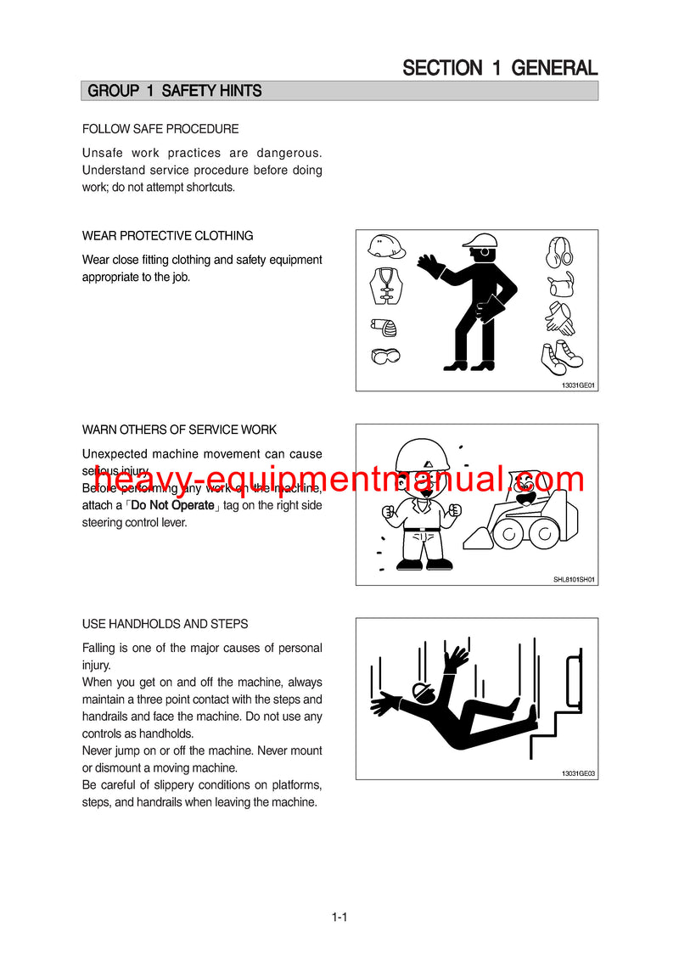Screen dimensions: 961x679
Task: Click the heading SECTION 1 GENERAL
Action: point(500,68)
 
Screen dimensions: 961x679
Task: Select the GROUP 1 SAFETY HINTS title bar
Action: point(339,91)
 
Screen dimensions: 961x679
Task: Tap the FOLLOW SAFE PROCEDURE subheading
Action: point(160,129)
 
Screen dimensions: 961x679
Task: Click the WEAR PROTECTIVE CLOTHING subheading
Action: point(167,235)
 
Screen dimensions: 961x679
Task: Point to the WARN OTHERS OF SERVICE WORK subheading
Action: point(179,430)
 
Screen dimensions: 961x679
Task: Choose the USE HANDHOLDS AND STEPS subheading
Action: point(165,624)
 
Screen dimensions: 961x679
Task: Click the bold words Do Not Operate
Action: point(172,505)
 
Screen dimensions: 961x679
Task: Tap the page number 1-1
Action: point(339,917)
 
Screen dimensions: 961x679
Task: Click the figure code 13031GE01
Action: point(578,385)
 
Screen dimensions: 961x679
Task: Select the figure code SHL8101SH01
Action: point(574,579)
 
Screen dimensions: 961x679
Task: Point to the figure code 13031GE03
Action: point(578,773)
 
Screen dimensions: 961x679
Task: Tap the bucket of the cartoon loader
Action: point(479,538)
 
